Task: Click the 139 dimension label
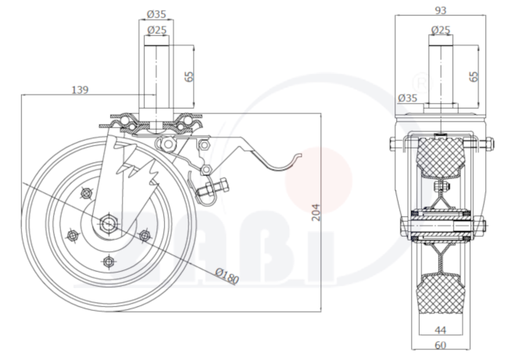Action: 80,90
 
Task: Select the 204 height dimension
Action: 316,212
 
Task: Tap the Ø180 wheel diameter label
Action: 227,276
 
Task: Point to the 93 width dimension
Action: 440,10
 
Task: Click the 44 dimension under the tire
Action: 440,330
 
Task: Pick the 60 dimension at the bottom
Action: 440,345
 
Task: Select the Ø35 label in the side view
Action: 407,98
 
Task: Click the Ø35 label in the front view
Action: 156,14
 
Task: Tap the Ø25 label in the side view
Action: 441,30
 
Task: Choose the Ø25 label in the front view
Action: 157,30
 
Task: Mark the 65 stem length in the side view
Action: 474,77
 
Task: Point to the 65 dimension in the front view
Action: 189,77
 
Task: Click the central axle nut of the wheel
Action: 109,223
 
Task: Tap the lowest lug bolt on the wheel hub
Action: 109,261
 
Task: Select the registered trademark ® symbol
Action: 422,84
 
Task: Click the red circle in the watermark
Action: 318,180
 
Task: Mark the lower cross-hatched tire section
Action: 441,294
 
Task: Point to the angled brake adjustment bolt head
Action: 224,186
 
